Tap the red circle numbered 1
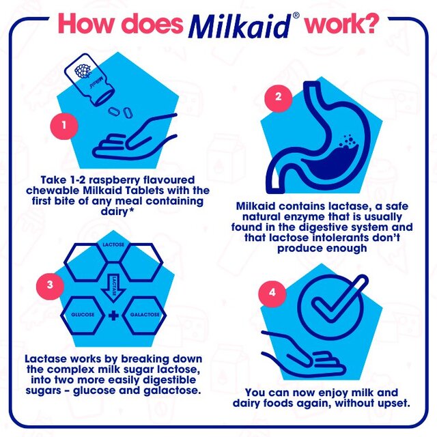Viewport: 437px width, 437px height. pyautogui.click(x=64, y=126)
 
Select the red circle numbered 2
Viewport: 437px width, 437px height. pyautogui.click(x=278, y=96)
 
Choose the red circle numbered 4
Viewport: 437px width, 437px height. pyautogui.click(x=274, y=293)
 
